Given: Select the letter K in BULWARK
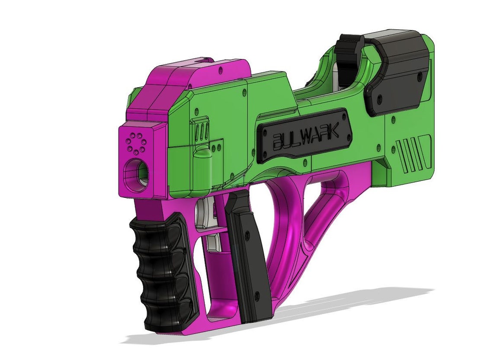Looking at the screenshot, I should click(x=332, y=130).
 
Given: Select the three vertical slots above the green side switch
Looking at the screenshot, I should click(x=201, y=130).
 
